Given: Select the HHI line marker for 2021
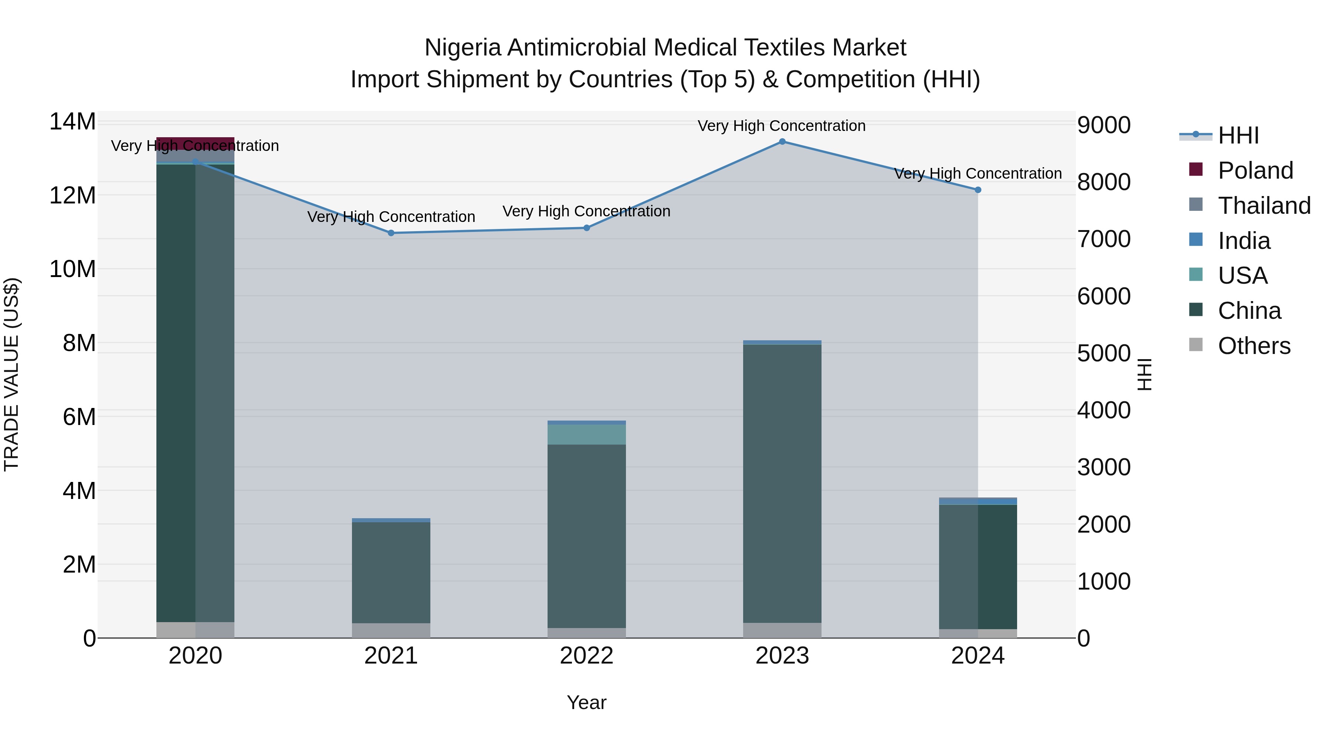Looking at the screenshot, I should click(391, 233).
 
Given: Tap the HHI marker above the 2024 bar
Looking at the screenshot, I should click(978, 190).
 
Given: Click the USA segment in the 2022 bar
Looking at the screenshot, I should click(586, 434).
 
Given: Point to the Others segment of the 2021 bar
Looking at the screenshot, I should click(391, 630).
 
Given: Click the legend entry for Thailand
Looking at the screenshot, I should click(1263, 206).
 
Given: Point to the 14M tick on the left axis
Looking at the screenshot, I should click(72, 122).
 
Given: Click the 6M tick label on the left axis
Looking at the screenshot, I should click(79, 416).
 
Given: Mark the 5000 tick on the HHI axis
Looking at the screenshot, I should click(1104, 354).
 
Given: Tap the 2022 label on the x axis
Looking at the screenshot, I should click(586, 656).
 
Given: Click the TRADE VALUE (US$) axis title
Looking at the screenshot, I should click(11, 374).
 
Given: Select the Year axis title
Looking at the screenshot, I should click(586, 702).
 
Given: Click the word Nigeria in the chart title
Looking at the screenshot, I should click(463, 48).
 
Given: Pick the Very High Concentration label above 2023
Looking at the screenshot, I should click(781, 126).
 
